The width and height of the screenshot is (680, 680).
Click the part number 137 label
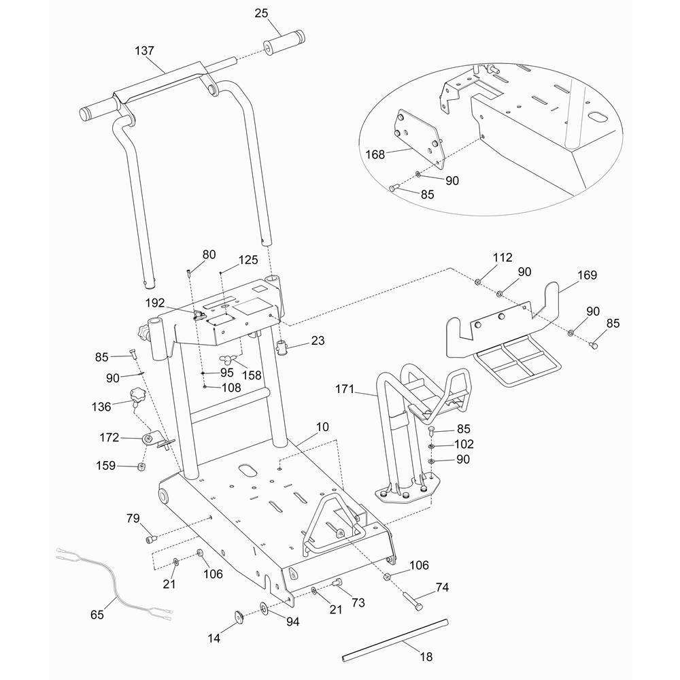(x=145, y=51)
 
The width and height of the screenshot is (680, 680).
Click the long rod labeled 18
(x=395, y=639)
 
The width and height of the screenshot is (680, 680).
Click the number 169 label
(x=587, y=275)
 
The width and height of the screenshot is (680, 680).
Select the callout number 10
(x=322, y=427)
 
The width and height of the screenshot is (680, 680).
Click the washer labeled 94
(x=263, y=607)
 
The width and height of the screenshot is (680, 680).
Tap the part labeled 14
(x=239, y=616)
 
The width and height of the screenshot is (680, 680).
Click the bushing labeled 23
(x=283, y=349)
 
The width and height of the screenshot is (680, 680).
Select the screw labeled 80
(x=188, y=273)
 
